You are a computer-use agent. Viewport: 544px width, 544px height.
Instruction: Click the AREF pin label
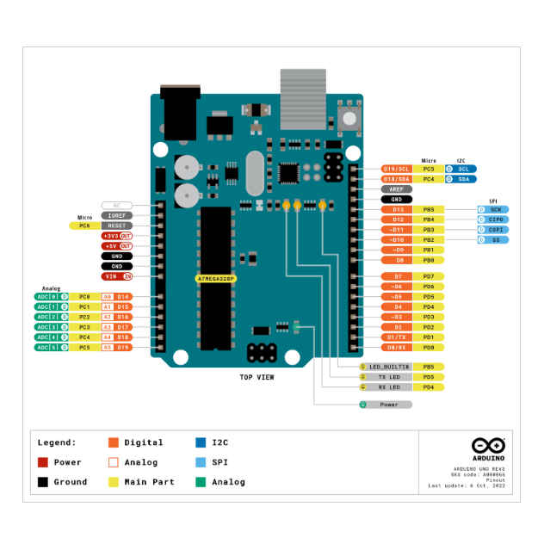pyautogui.click(x=396, y=189)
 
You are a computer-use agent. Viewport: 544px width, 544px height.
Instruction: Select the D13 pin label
pyautogui.click(x=397, y=209)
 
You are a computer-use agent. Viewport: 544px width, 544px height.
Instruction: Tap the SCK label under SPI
pyautogui.click(x=495, y=209)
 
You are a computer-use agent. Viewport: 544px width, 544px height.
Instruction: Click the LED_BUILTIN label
pyautogui.click(x=389, y=367)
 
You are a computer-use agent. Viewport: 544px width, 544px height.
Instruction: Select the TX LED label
pyautogui.click(x=389, y=377)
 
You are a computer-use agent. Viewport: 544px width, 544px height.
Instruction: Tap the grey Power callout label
pyautogui.click(x=388, y=405)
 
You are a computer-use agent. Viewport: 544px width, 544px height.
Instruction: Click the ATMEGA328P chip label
pyautogui.click(x=216, y=279)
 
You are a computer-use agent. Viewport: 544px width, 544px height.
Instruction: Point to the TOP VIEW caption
pyautogui.click(x=257, y=377)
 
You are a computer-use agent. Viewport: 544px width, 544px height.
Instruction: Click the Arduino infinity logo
pyautogui.click(x=489, y=445)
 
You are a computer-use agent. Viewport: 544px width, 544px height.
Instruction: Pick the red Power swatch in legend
pyautogui.click(x=41, y=462)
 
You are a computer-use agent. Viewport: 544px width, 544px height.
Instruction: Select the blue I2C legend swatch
pyautogui.click(x=201, y=442)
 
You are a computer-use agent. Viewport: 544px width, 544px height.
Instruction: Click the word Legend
pyautogui.click(x=56, y=442)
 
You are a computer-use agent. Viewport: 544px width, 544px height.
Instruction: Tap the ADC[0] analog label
pyautogui.click(x=47, y=296)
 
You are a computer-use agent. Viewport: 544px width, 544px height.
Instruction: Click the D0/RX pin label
pyautogui.click(x=397, y=347)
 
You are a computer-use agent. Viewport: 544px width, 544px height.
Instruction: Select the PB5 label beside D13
pyautogui.click(x=429, y=209)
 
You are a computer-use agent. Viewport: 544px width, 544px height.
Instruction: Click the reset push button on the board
pyautogui.click(x=349, y=117)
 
